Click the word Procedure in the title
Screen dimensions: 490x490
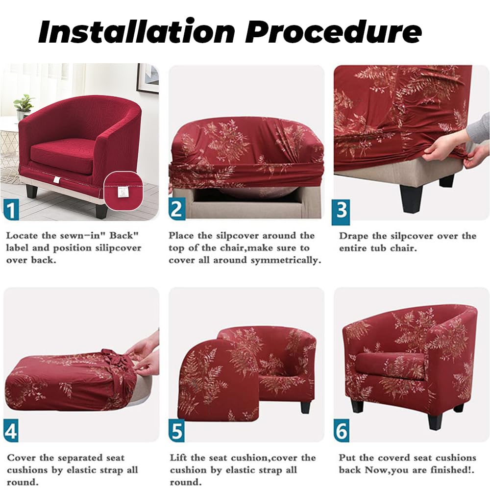click(x=333, y=31)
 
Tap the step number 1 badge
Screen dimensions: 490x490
click(x=11, y=211)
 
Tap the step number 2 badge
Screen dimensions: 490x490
click(x=177, y=209)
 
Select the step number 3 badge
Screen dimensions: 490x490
click(x=341, y=211)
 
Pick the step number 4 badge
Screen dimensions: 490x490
click(x=11, y=432)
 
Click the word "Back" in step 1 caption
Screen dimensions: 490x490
click(x=124, y=236)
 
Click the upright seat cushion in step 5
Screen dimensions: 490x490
click(x=218, y=381)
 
